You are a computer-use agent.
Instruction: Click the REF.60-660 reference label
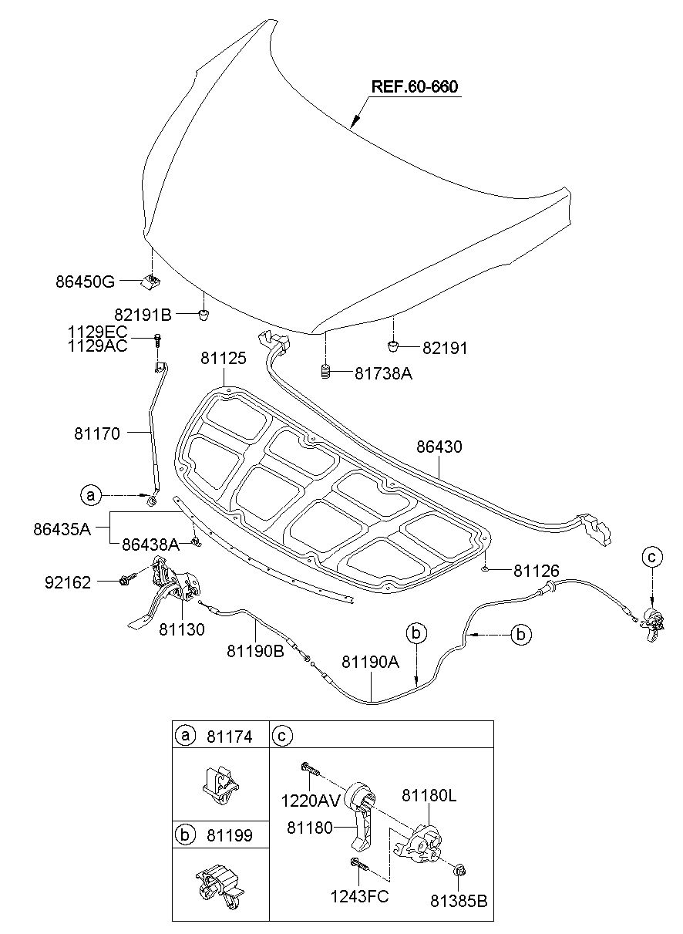click(x=414, y=86)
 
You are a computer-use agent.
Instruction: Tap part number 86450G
click(x=85, y=282)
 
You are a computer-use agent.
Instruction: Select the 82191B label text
click(x=143, y=315)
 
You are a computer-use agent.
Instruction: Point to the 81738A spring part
click(x=326, y=372)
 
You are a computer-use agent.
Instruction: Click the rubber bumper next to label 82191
click(x=393, y=346)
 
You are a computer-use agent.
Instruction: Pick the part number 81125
click(x=224, y=358)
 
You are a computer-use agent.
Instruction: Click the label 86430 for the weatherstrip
click(x=439, y=447)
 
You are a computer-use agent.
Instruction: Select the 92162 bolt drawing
click(x=128, y=578)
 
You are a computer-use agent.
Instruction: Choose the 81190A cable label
click(x=371, y=663)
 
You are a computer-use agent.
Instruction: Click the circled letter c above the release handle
click(x=652, y=557)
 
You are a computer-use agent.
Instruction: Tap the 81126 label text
click(x=536, y=571)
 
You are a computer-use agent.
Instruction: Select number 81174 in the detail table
click(x=230, y=737)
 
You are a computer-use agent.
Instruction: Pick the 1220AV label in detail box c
click(x=311, y=801)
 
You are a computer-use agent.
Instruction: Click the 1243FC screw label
click(x=359, y=896)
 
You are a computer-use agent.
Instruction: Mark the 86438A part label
click(x=150, y=545)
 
